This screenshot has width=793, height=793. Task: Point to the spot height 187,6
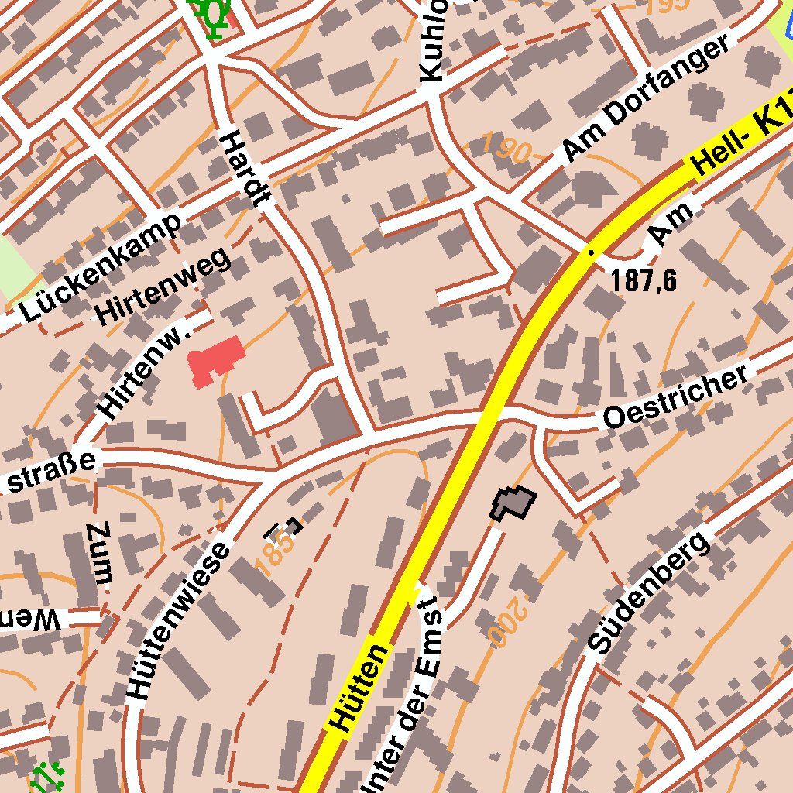point(644,281)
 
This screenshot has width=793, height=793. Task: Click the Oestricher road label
point(677,396)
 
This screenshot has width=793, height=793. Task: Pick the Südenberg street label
point(649,592)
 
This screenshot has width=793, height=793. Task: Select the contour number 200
point(507,623)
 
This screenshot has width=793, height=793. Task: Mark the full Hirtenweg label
point(163,286)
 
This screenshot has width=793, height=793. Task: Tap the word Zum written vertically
point(101,554)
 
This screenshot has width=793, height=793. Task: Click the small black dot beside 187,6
point(591,252)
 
